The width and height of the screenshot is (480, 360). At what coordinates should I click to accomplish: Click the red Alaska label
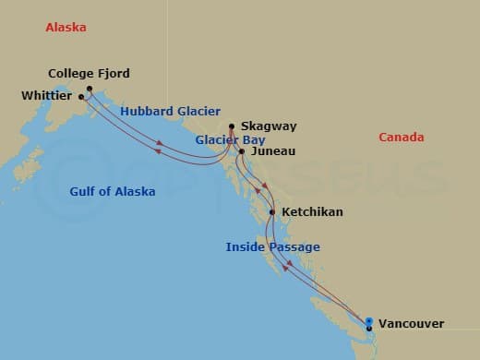[x=66, y=28]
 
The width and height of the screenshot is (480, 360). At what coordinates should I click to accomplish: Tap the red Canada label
[x=402, y=138]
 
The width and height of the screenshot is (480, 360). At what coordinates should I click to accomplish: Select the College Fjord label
[x=89, y=74]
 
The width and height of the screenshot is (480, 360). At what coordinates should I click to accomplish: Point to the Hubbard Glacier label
[x=169, y=112]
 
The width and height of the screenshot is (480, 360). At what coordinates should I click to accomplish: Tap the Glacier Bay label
[x=230, y=140]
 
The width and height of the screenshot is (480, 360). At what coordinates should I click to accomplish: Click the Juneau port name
[x=273, y=151]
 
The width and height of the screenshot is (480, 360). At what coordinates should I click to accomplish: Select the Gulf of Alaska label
[x=113, y=192]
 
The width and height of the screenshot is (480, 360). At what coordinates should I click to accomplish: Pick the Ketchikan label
[x=312, y=212]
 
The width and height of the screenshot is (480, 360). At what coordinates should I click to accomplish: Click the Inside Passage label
[x=273, y=247]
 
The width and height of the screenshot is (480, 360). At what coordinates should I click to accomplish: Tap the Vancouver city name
[x=411, y=324]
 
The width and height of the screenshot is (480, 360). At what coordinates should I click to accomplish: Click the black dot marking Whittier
[x=81, y=96]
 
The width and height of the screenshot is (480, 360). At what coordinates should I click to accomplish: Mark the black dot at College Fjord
[x=90, y=89]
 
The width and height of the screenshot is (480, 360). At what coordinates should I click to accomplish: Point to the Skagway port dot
[x=231, y=126]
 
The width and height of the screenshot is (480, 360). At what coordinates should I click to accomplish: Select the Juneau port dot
[x=242, y=151]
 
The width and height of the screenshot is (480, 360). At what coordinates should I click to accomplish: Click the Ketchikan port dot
[x=271, y=212]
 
